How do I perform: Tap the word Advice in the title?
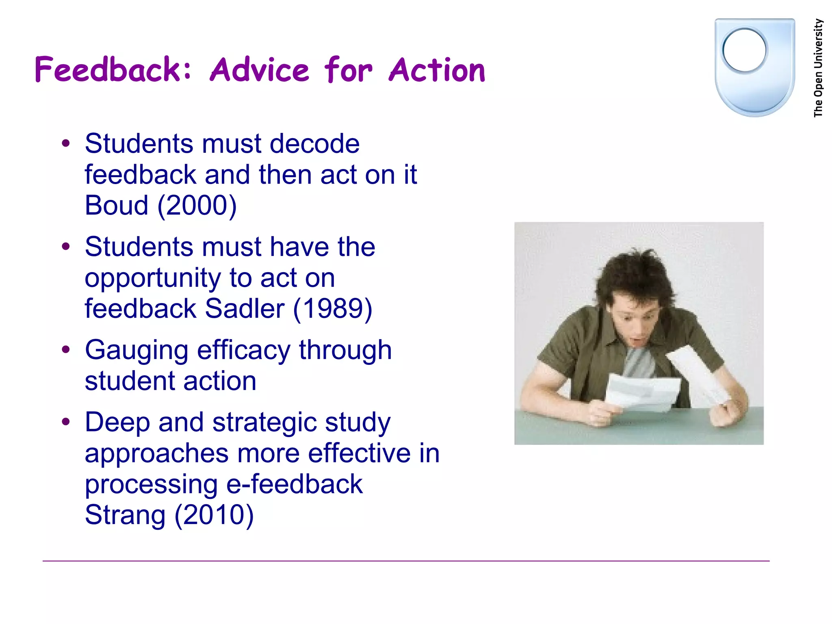(x=260, y=69)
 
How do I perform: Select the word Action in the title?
(x=437, y=69)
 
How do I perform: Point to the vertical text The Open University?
(x=818, y=68)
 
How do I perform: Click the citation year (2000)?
(x=197, y=206)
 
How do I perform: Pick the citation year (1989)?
(x=332, y=309)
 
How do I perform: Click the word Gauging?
(x=136, y=351)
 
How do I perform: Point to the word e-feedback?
(x=294, y=484)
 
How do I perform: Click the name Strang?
(x=125, y=515)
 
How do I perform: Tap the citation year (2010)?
(x=214, y=515)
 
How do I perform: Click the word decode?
(x=314, y=144)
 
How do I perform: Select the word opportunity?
(x=153, y=279)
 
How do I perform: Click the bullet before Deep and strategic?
(x=66, y=422)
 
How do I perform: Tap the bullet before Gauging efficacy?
(x=66, y=349)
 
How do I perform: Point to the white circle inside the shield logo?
(x=744, y=50)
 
